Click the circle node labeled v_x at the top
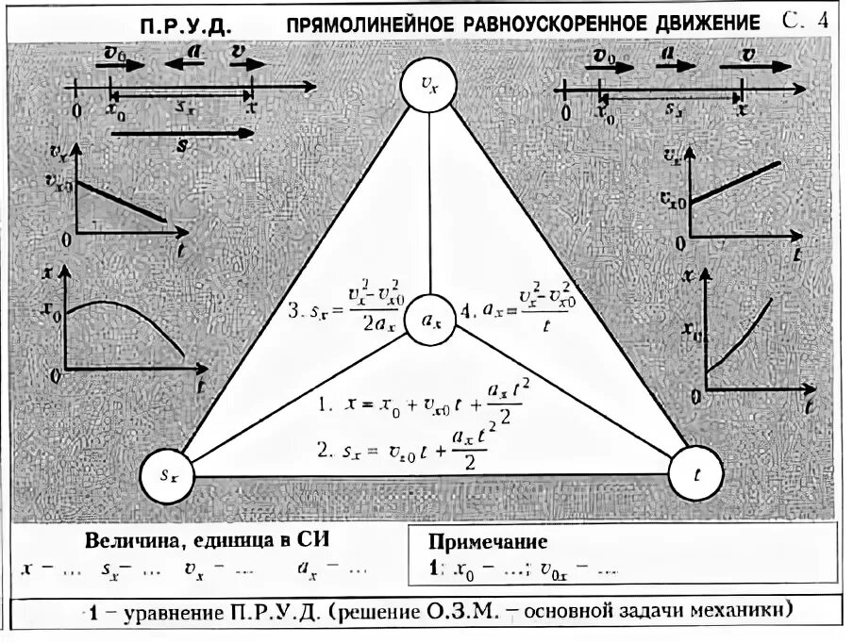tap(429, 86)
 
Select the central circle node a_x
tap(430, 321)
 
